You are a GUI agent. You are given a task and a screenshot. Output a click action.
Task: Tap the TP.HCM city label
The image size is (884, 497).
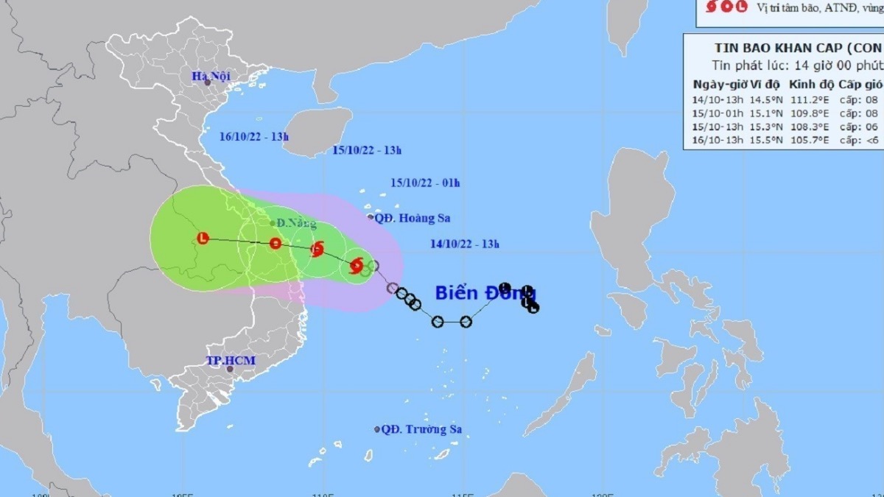point(225,361)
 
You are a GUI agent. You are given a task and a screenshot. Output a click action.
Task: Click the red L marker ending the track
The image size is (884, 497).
point(204,238)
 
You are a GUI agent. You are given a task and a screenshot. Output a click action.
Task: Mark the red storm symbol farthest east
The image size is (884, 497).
point(357,265)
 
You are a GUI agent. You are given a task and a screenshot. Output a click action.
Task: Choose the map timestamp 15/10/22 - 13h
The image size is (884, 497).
point(367,150)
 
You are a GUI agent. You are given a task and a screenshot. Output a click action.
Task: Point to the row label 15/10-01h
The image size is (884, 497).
point(718,113)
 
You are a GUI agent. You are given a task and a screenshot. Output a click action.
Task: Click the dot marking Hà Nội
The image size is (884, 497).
point(208,82)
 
